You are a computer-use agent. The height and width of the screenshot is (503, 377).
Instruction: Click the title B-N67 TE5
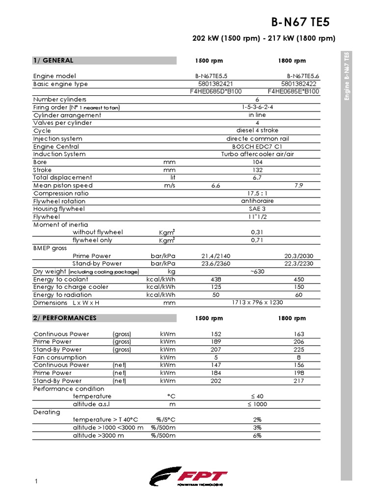tap(301, 22)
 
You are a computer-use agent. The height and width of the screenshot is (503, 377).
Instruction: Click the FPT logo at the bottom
tap(189, 477)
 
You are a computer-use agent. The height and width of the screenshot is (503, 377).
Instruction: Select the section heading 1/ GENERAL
tap(54, 60)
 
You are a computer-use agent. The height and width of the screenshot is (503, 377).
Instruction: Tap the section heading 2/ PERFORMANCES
tap(65, 318)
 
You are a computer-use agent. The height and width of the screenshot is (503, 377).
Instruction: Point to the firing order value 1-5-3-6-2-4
tap(258, 107)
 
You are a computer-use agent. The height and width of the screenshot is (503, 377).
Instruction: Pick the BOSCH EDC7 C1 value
tap(257, 146)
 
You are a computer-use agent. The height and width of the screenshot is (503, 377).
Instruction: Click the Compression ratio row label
tap(59, 194)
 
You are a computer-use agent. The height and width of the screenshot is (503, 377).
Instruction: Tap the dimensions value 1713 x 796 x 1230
tap(257, 303)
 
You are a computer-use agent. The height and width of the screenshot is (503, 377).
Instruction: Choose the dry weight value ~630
tap(258, 271)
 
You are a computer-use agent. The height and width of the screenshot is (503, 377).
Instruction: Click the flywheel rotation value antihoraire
tap(258, 201)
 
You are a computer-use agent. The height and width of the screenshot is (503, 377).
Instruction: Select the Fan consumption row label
tap(59, 357)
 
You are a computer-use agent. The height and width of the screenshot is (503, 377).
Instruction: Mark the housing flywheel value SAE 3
tap(258, 209)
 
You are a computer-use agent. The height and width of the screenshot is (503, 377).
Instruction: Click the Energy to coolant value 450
tap(298, 279)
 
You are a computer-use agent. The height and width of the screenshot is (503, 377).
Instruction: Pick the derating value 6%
tap(258, 435)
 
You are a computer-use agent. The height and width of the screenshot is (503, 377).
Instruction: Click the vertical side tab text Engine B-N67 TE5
tap(347, 76)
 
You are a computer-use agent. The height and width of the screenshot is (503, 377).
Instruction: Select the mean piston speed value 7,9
tap(298, 186)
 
